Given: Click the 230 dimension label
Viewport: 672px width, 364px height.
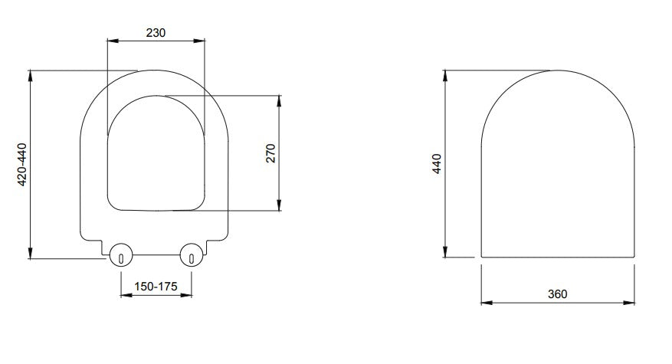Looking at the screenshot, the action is point(156,33).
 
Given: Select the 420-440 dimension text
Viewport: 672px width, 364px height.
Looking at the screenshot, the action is point(22,165).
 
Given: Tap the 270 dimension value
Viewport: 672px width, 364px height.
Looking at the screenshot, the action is point(270,153).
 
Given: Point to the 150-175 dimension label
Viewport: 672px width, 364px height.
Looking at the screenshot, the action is point(156,287).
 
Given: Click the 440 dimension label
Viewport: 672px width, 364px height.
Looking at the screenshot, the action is point(436,163).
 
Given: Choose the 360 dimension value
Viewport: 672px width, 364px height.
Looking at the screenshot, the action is point(557,294).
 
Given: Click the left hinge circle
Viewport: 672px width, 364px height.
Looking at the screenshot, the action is point(121,255).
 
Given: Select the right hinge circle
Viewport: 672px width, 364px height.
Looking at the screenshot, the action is point(192,255).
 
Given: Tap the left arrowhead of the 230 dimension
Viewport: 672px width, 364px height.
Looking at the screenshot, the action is point(113,41).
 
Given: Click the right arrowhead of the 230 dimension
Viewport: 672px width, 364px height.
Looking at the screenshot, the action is point(199,41).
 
